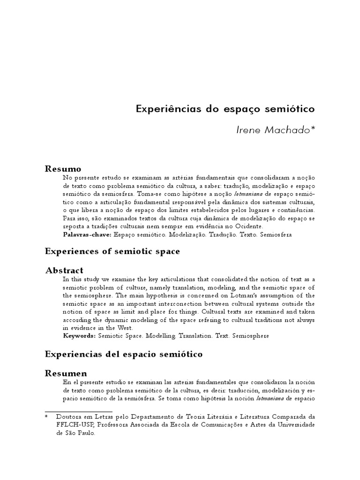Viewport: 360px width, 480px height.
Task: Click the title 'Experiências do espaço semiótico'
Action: (x=225, y=109)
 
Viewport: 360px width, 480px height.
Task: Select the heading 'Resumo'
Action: (x=63, y=169)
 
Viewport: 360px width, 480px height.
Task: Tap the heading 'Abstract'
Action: (x=64, y=270)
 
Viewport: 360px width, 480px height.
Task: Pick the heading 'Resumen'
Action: (x=66, y=373)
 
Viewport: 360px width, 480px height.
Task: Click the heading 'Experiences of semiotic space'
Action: (x=112, y=252)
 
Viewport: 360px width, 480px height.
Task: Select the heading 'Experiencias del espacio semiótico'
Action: (x=124, y=354)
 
